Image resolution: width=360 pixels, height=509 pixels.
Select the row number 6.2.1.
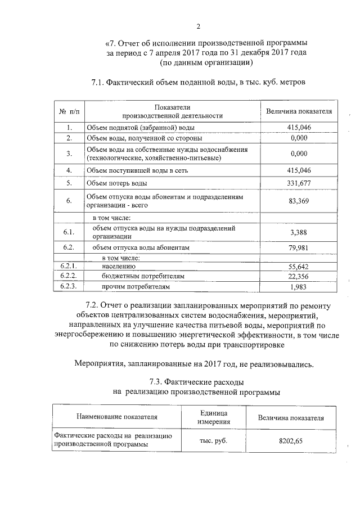pyautogui.click(x=68, y=267)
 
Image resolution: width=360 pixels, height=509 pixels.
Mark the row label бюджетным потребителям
pyautogui.click(x=135, y=277)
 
